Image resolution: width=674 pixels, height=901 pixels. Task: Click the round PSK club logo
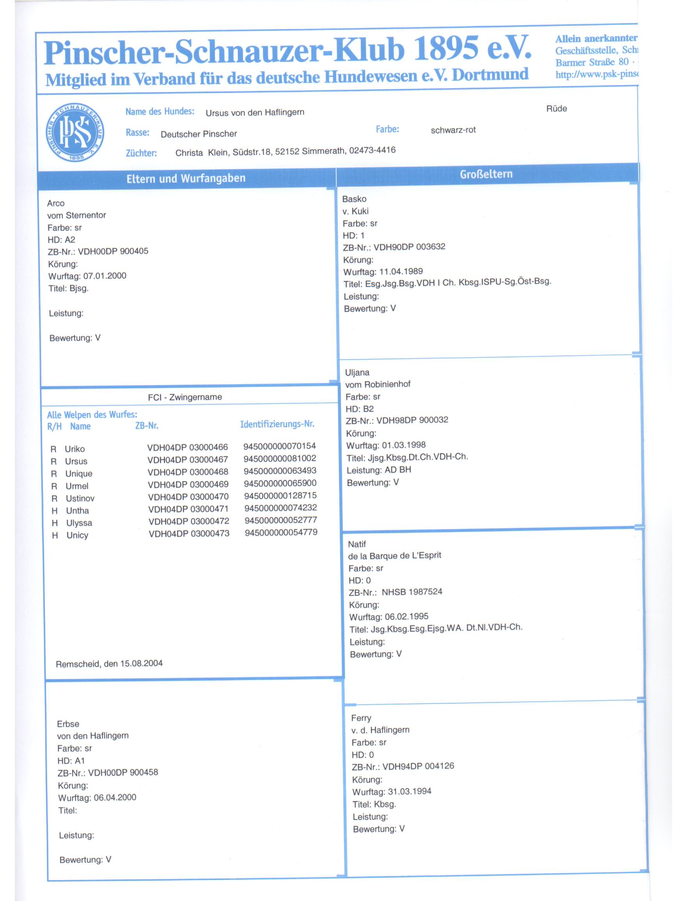75,132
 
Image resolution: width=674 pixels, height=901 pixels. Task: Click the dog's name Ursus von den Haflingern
255,112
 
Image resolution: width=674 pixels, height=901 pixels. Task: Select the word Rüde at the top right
556,109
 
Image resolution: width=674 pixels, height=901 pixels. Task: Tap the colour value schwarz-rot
453,130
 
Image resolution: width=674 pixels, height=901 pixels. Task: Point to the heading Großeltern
486,174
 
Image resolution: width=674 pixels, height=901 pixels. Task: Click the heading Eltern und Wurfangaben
186,178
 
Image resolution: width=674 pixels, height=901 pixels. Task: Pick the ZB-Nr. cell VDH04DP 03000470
188,497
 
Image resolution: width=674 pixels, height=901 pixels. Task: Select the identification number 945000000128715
280,496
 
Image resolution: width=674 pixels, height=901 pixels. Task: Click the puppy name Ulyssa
79,523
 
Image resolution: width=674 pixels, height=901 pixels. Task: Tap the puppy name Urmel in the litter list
77,486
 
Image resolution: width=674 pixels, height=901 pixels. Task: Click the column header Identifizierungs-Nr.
277,424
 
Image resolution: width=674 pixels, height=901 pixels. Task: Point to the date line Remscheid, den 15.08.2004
109,663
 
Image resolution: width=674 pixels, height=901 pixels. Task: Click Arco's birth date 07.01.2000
105,276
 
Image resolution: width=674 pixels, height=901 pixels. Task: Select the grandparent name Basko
354,199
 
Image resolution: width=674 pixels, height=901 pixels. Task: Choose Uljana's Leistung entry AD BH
397,470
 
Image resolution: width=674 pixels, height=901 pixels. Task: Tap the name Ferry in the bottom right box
361,718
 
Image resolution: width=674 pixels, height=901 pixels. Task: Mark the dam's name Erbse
68,724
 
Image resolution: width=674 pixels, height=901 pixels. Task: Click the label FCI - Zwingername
185,397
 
